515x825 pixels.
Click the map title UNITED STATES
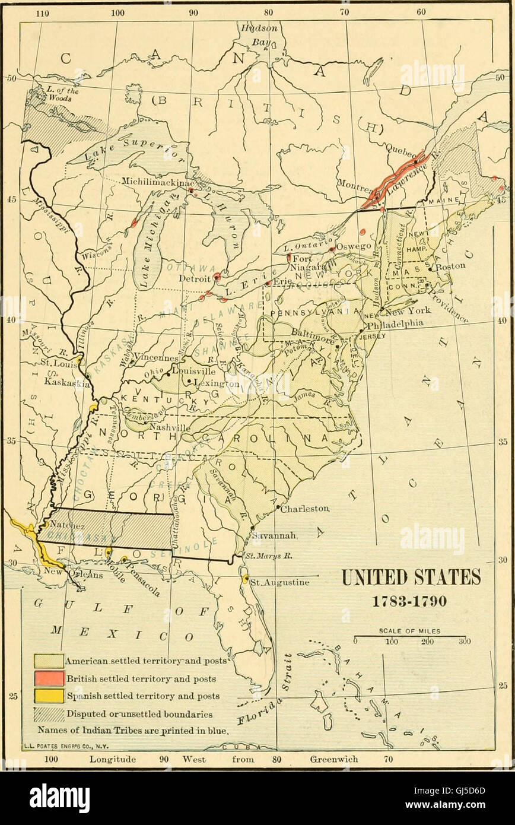click(x=411, y=577)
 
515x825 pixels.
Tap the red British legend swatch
click(x=49, y=678)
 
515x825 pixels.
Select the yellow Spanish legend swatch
click(x=49, y=696)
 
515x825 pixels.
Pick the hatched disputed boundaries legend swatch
click(x=49, y=714)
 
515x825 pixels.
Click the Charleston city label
click(x=304, y=509)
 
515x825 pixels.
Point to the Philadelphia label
click(x=394, y=323)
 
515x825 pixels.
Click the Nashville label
click(x=170, y=427)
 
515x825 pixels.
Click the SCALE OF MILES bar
click(x=409, y=637)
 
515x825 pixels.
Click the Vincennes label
click(x=156, y=358)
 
